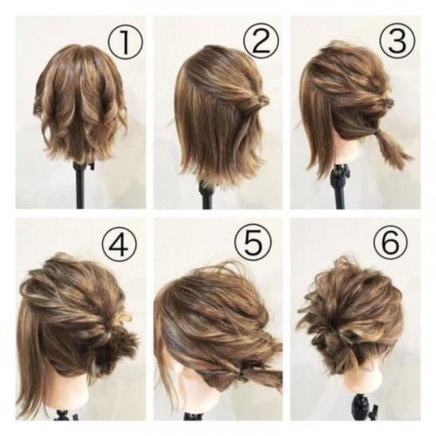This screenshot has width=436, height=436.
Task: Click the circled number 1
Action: click(126, 43)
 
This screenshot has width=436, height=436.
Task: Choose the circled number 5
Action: click(253, 243)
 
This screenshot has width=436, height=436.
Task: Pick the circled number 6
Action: click(391, 242)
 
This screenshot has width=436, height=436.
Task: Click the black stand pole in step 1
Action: click(81, 185)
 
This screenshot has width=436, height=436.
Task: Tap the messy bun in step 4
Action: click(120, 342)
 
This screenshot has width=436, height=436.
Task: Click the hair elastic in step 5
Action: click(242, 373)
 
